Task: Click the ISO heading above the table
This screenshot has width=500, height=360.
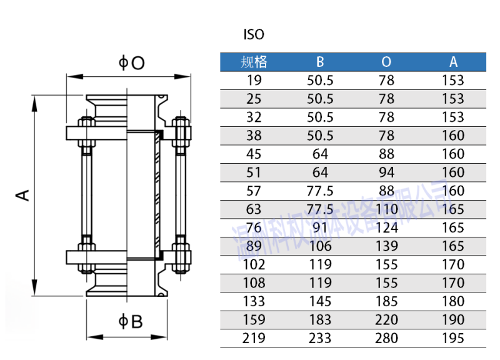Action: (254, 35)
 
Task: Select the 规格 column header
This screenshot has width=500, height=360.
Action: (254, 62)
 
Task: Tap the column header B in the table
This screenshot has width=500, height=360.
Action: (320, 62)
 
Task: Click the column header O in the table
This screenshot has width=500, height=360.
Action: (386, 62)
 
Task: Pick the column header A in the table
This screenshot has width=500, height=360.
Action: (453, 62)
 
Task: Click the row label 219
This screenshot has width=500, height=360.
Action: (254, 338)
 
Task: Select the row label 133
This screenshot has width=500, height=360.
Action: (254, 301)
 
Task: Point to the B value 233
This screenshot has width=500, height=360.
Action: (320, 338)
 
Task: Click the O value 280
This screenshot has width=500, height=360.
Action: (386, 338)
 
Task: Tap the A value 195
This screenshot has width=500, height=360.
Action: (453, 338)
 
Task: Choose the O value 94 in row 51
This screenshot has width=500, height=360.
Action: (386, 172)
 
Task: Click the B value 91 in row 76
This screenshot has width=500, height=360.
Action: (320, 227)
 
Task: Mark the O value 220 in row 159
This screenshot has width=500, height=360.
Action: (386, 320)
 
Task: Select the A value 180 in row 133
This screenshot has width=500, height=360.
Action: (453, 301)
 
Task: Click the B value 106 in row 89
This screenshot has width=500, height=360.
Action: (320, 246)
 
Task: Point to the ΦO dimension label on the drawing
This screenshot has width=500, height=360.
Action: (132, 62)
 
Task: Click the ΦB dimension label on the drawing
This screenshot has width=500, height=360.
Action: (131, 321)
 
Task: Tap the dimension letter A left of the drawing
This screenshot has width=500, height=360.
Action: (23, 195)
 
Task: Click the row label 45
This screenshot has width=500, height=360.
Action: (254, 154)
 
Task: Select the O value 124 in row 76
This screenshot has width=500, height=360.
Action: (386, 227)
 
